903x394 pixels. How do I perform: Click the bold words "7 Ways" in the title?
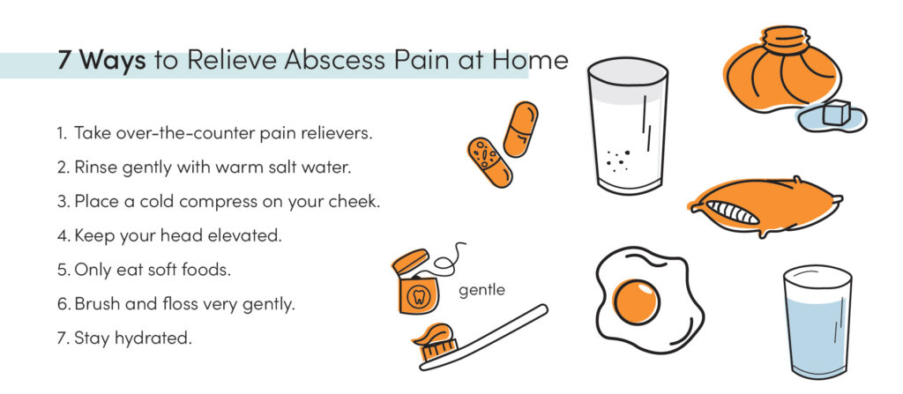coord(101,62)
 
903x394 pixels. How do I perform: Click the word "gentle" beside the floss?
coord(482,289)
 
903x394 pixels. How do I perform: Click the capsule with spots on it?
coord(489,161)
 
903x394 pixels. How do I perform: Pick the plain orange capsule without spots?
coord(520,129)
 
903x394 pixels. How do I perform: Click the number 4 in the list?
coord(63,235)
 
